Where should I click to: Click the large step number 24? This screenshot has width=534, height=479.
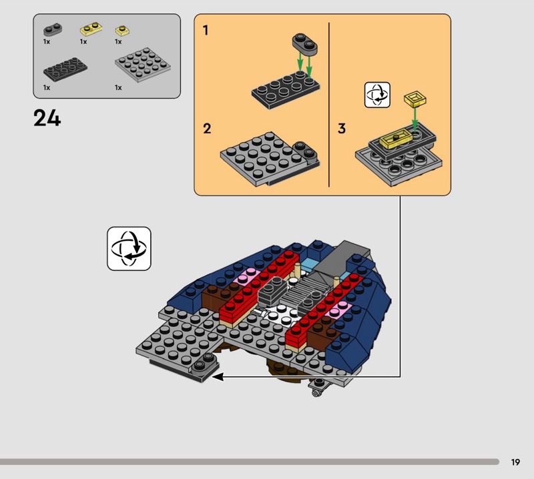(x=47, y=118)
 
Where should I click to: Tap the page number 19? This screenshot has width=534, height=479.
(x=515, y=462)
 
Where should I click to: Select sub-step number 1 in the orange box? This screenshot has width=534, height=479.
(x=206, y=30)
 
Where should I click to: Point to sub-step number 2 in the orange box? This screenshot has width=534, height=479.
(x=207, y=128)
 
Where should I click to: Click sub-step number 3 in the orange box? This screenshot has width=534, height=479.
(x=342, y=128)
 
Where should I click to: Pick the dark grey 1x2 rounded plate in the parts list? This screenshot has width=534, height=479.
(x=53, y=29)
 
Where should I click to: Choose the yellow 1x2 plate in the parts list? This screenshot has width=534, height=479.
(x=91, y=29)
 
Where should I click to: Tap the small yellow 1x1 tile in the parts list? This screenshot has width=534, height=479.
(x=122, y=31)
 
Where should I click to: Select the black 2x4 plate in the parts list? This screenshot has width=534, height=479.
(x=65, y=69)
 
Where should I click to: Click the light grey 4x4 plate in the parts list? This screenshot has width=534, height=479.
(x=143, y=65)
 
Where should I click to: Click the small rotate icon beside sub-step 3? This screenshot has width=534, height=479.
(x=377, y=95)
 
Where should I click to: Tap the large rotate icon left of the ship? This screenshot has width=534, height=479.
(x=129, y=249)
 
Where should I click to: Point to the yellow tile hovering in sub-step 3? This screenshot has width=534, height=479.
(x=415, y=99)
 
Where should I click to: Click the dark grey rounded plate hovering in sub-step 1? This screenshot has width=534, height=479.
(x=304, y=43)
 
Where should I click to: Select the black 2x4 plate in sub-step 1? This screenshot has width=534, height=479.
(x=286, y=90)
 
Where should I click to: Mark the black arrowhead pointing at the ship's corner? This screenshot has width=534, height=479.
(x=218, y=377)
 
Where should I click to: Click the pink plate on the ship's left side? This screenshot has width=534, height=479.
(x=244, y=276)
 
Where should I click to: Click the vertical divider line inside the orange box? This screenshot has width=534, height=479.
(x=329, y=105)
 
